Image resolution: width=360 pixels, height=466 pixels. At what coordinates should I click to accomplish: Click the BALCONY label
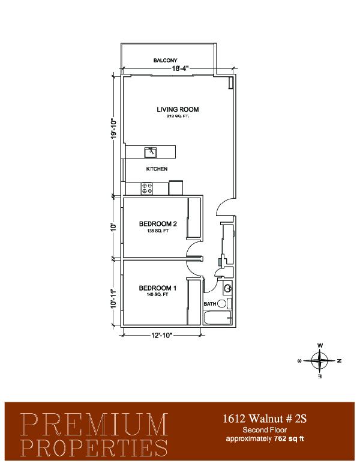[165, 60]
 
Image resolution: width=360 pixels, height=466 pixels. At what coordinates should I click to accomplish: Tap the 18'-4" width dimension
[180, 68]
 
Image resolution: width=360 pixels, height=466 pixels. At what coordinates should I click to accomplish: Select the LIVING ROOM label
[178, 109]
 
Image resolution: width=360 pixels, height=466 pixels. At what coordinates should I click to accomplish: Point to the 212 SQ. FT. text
[178, 116]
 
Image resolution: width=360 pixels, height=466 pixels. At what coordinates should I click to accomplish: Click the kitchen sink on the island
[151, 152]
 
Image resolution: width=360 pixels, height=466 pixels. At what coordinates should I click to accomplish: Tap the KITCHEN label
[157, 169]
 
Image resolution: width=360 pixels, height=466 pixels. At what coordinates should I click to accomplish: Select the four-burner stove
[147, 189]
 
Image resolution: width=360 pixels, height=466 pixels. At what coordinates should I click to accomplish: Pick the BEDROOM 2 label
[158, 224]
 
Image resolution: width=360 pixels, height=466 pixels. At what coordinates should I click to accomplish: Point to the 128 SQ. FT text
[158, 231]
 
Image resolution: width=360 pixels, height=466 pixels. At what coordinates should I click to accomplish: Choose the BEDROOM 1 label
[158, 288]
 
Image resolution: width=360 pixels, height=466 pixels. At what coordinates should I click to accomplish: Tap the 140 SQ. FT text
[157, 294]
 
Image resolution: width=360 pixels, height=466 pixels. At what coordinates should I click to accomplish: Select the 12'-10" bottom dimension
[162, 335]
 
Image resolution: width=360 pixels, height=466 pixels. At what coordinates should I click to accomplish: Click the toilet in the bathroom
[224, 303]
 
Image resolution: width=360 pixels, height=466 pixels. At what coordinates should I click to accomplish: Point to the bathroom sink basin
[227, 288]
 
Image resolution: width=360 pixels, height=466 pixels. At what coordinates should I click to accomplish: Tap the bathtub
[218, 318]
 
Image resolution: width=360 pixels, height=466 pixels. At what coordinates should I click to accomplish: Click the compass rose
[319, 361]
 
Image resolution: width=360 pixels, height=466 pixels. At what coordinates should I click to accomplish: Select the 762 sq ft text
[287, 438]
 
